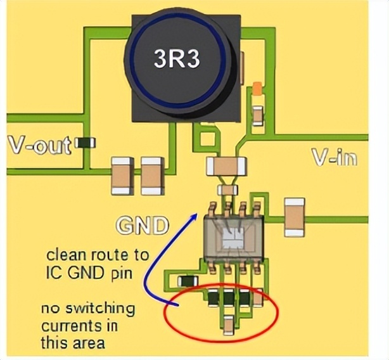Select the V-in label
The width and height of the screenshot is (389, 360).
click(335, 157)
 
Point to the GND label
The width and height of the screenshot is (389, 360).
click(142, 226)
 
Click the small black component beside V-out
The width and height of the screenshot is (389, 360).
click(85, 143)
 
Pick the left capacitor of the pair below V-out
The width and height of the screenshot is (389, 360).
click(122, 176)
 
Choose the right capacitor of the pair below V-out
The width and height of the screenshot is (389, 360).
click(151, 176)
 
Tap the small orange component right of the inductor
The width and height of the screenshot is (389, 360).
click(257, 88)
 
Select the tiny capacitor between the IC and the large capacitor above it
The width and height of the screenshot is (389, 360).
click(227, 189)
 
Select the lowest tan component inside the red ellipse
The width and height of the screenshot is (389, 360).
click(228, 326)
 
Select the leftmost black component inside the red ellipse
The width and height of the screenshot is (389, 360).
click(214, 296)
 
